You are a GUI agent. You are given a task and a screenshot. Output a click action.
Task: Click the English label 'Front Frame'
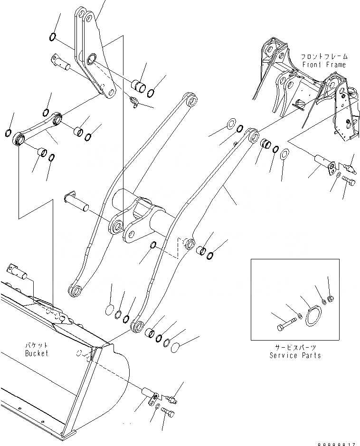[x=323, y=64]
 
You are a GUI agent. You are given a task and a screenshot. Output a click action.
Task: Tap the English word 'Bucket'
[x=37, y=353]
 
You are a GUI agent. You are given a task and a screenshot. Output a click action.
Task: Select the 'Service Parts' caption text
[x=295, y=355]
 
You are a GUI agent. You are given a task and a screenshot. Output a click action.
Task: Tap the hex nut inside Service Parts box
[x=331, y=298]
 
